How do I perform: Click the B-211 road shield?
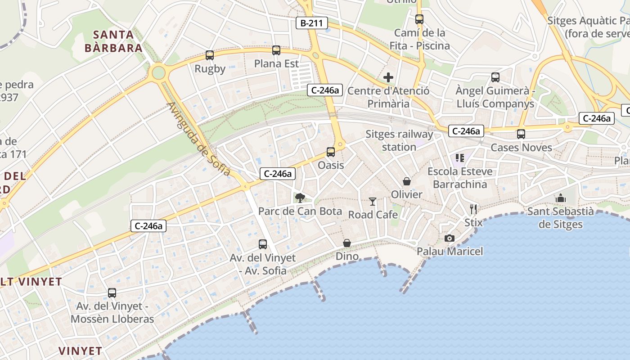coord(311,23)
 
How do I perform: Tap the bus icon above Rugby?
coord(210,55)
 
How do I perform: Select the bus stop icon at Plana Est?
coord(276,50)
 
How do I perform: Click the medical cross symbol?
coord(388,77)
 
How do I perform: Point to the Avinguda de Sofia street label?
coord(198,139)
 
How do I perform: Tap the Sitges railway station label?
coord(399,140)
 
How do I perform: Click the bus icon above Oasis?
coord(331,152)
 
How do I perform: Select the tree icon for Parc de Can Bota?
coord(300,198)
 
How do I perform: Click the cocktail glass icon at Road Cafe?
coord(373,201)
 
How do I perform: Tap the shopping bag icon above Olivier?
coord(407,181)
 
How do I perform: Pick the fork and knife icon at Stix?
coord(473,209)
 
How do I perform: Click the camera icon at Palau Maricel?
coord(449,238)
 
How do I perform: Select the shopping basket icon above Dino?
coord(347,243)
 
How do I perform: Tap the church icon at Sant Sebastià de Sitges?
coord(560,198)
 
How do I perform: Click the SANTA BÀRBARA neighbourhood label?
coord(114,41)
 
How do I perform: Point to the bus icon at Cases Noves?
coord(521,134)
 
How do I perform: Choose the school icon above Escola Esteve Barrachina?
coord(459,158)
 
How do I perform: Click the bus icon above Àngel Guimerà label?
coord(495,77)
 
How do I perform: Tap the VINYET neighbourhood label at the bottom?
coord(81,351)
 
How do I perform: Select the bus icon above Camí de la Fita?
coord(419,19)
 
